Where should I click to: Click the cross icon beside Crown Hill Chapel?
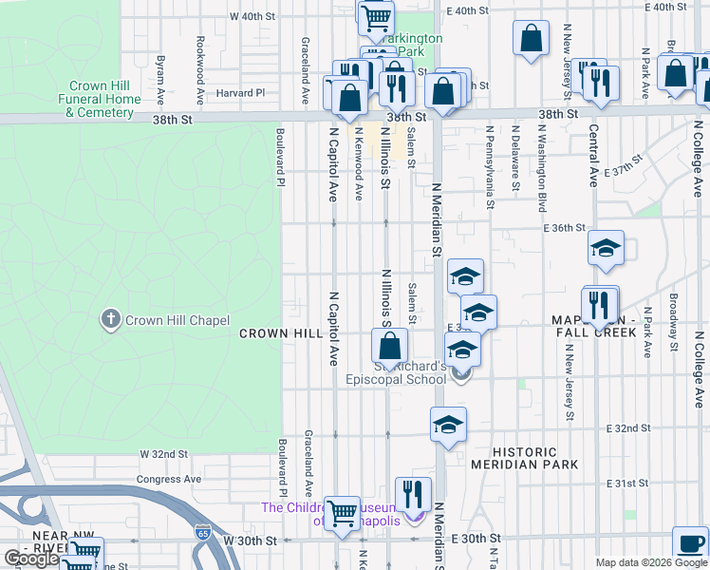(111, 319)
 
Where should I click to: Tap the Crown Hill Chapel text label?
(177, 320)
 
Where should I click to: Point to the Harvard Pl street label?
(239, 93)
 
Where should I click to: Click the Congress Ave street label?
(169, 480)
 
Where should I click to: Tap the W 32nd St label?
(164, 455)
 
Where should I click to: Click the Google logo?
(31, 559)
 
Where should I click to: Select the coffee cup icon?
(689, 543)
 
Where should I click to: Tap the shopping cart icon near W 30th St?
(342, 512)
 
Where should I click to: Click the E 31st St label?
(626, 484)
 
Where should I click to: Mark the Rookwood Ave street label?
(200, 70)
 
